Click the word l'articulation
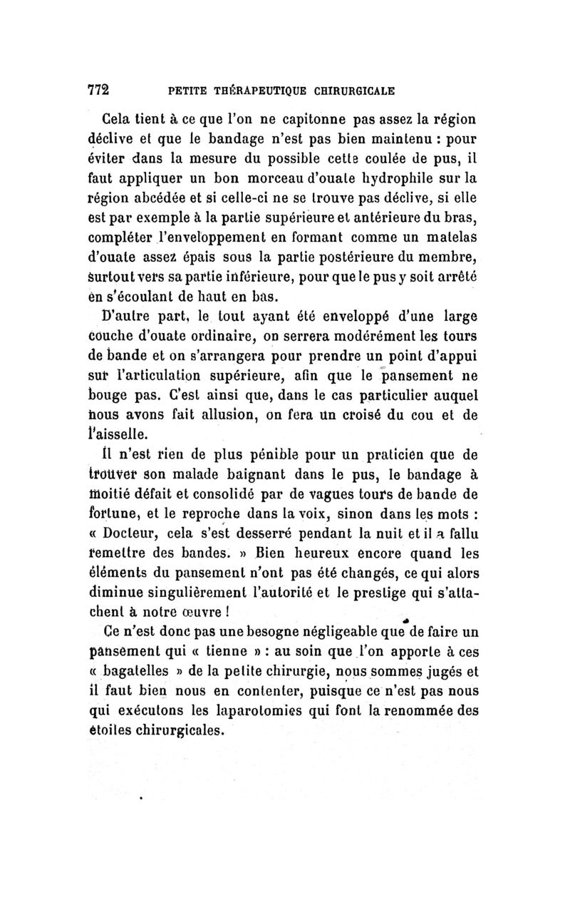(x=175, y=374)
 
